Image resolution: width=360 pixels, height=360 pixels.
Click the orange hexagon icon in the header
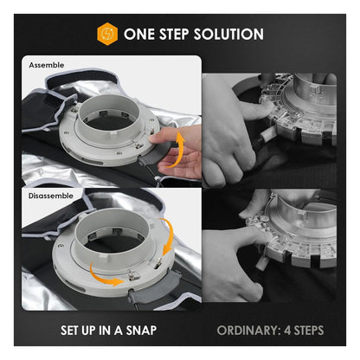(x=107, y=34)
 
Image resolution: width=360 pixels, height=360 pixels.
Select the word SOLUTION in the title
(x=228, y=34)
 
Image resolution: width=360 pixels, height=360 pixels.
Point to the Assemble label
(x=47, y=65)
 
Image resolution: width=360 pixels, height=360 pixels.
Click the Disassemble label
(x=51, y=196)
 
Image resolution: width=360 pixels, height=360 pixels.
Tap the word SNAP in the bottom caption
(x=141, y=331)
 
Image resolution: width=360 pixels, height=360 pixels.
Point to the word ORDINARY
(x=247, y=331)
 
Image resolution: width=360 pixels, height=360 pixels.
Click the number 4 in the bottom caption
(x=287, y=331)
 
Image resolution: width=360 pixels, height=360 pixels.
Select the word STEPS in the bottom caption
(x=309, y=331)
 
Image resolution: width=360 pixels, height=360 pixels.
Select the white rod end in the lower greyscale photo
(x=263, y=261)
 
